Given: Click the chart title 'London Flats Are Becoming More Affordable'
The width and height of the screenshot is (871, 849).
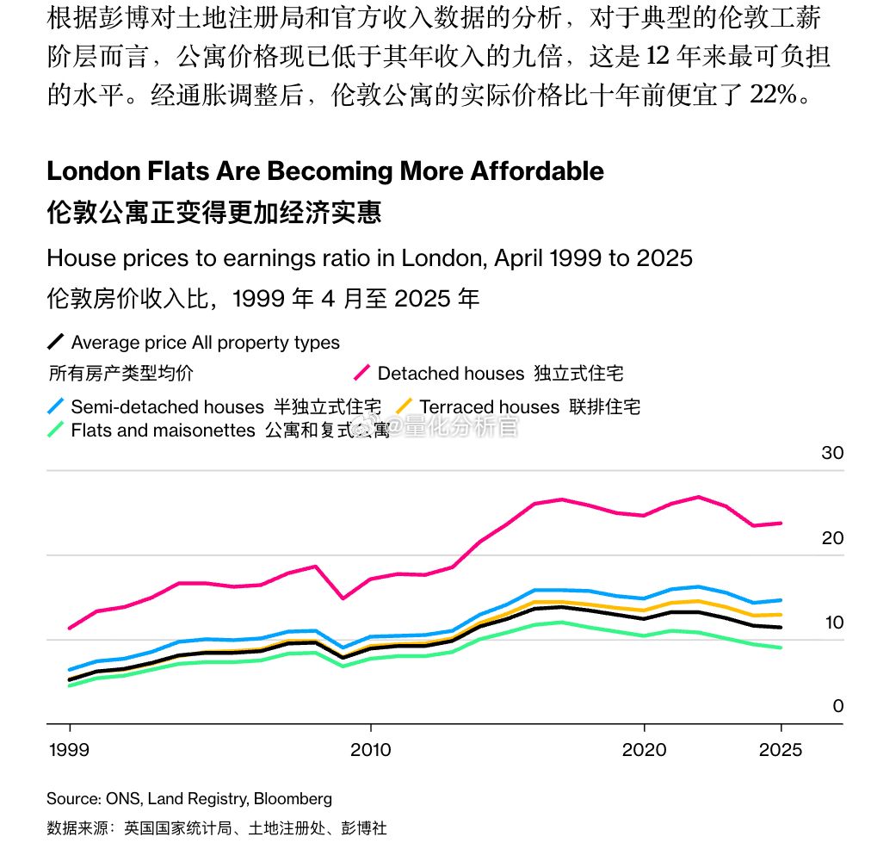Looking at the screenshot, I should pos(325,170).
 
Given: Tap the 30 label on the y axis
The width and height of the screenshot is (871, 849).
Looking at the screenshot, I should pos(832,453).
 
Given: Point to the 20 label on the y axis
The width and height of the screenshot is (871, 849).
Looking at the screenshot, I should pos(832,538).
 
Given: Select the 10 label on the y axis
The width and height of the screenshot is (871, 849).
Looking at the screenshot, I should pos(832,623).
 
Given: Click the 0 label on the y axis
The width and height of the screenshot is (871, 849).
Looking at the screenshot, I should pos(837,706).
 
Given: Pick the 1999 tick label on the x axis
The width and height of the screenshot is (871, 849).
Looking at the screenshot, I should pos(68,750).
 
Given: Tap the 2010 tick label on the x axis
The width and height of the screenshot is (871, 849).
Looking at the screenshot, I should pos(370,750).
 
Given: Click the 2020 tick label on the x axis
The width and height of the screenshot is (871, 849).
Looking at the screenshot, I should pos(645,750).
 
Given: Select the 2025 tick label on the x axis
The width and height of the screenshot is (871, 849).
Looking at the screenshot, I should pos(780,750).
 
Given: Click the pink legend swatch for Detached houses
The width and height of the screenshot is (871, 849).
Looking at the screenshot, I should pos(362,373).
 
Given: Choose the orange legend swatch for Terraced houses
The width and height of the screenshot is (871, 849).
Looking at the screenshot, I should pos(405,406).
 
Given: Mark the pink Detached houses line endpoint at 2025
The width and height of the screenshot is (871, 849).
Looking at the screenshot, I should pos(781,523).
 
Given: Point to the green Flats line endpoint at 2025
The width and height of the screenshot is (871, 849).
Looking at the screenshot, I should pos(781,648).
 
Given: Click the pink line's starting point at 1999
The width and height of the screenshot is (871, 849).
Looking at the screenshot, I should pos(69,628).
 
